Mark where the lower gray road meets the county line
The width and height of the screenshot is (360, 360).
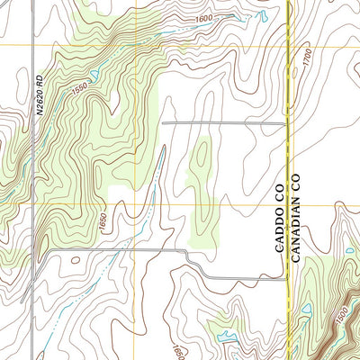click(286, 276)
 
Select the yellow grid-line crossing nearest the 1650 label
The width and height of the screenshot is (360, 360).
click(137, 202)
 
